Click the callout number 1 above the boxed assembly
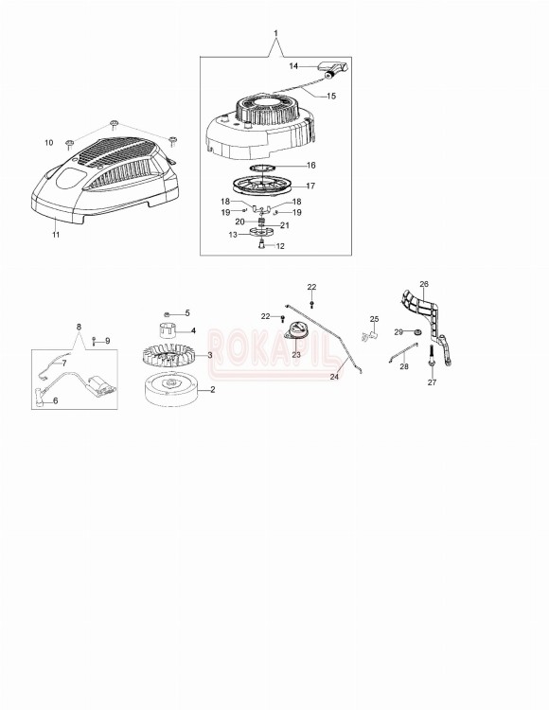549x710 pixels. pyautogui.click(x=275, y=35)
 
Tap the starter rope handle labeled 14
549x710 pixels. pyautogui.click(x=334, y=67)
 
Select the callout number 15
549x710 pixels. pyautogui.click(x=332, y=97)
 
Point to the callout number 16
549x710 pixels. pyautogui.click(x=310, y=165)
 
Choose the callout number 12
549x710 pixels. pyautogui.click(x=279, y=246)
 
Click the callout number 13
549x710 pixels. pyautogui.click(x=233, y=234)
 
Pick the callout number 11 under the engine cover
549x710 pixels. pyautogui.click(x=55, y=235)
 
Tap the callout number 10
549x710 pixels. pyautogui.click(x=49, y=143)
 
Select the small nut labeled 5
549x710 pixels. pyautogui.click(x=167, y=313)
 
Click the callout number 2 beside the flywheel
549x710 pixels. pyautogui.click(x=212, y=389)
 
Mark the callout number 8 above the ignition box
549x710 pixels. pyautogui.click(x=79, y=328)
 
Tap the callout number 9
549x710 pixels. pyautogui.click(x=107, y=341)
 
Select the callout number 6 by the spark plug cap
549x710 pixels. pyautogui.click(x=55, y=401)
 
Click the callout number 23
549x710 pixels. pyautogui.click(x=296, y=355)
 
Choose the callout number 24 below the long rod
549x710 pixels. pyautogui.click(x=334, y=377)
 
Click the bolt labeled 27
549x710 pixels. pyautogui.click(x=432, y=361)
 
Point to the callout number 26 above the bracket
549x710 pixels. pyautogui.click(x=424, y=283)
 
